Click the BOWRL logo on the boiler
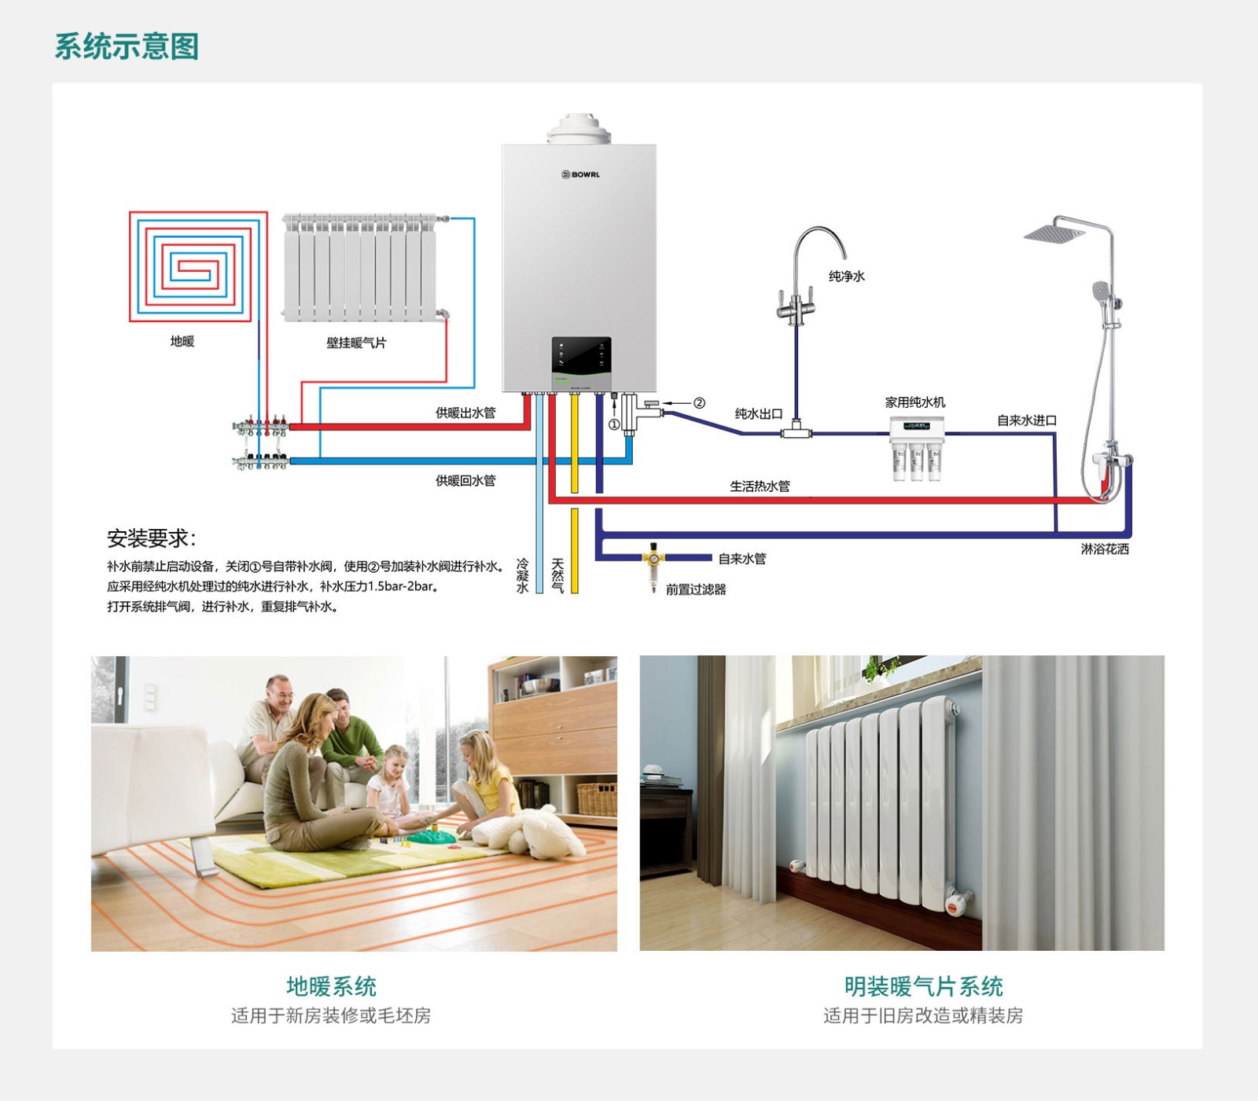(580, 174)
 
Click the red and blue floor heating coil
(199, 266)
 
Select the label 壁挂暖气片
(356, 343)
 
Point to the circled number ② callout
(699, 403)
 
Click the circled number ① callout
(614, 424)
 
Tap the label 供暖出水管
(465, 413)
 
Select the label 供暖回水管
(465, 480)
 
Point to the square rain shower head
(1054, 233)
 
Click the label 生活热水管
(760, 486)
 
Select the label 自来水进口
(1027, 420)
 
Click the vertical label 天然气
(557, 575)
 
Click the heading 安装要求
(151, 538)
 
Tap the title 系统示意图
(126, 46)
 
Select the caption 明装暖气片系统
(923, 986)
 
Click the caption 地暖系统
(331, 986)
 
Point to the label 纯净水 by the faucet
(847, 276)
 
